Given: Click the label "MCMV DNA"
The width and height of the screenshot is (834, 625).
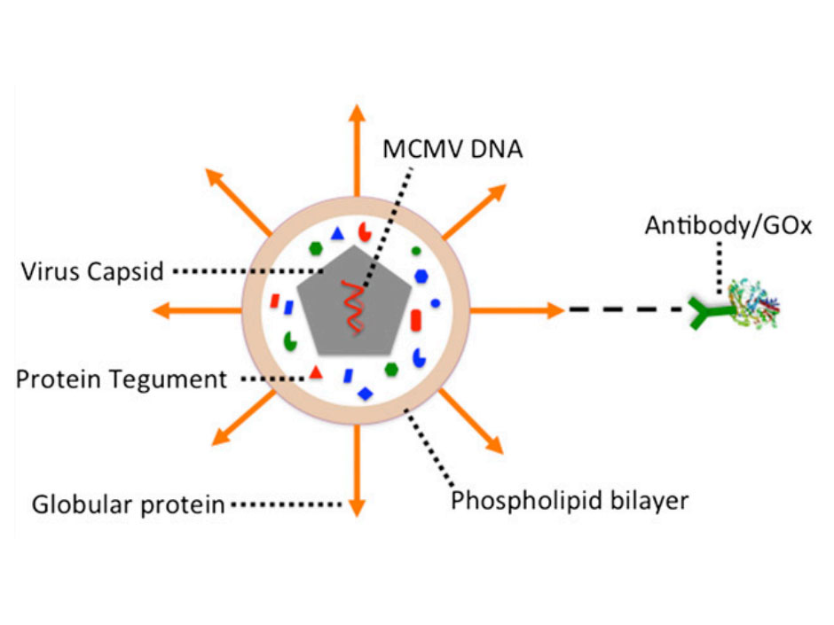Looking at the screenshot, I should pos(452,147).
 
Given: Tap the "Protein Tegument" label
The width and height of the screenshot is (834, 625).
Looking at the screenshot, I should pos(122,379).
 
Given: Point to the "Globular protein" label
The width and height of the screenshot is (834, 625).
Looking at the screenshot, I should pos(128,505).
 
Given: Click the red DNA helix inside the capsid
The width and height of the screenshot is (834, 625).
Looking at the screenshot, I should pos(352,307).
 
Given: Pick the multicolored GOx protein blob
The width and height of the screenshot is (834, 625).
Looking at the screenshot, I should pos(755,306).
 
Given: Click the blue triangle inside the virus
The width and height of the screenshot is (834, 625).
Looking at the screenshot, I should pos(337,235).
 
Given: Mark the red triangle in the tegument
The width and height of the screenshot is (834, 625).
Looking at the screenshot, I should pos(315,373).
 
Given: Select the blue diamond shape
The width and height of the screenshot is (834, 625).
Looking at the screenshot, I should pos(365,392).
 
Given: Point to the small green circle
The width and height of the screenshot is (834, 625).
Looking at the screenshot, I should pos(416,251).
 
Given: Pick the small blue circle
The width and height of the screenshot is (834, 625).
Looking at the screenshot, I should pos(436,303).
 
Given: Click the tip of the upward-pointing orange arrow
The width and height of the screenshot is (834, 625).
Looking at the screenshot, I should pos(357,108).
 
